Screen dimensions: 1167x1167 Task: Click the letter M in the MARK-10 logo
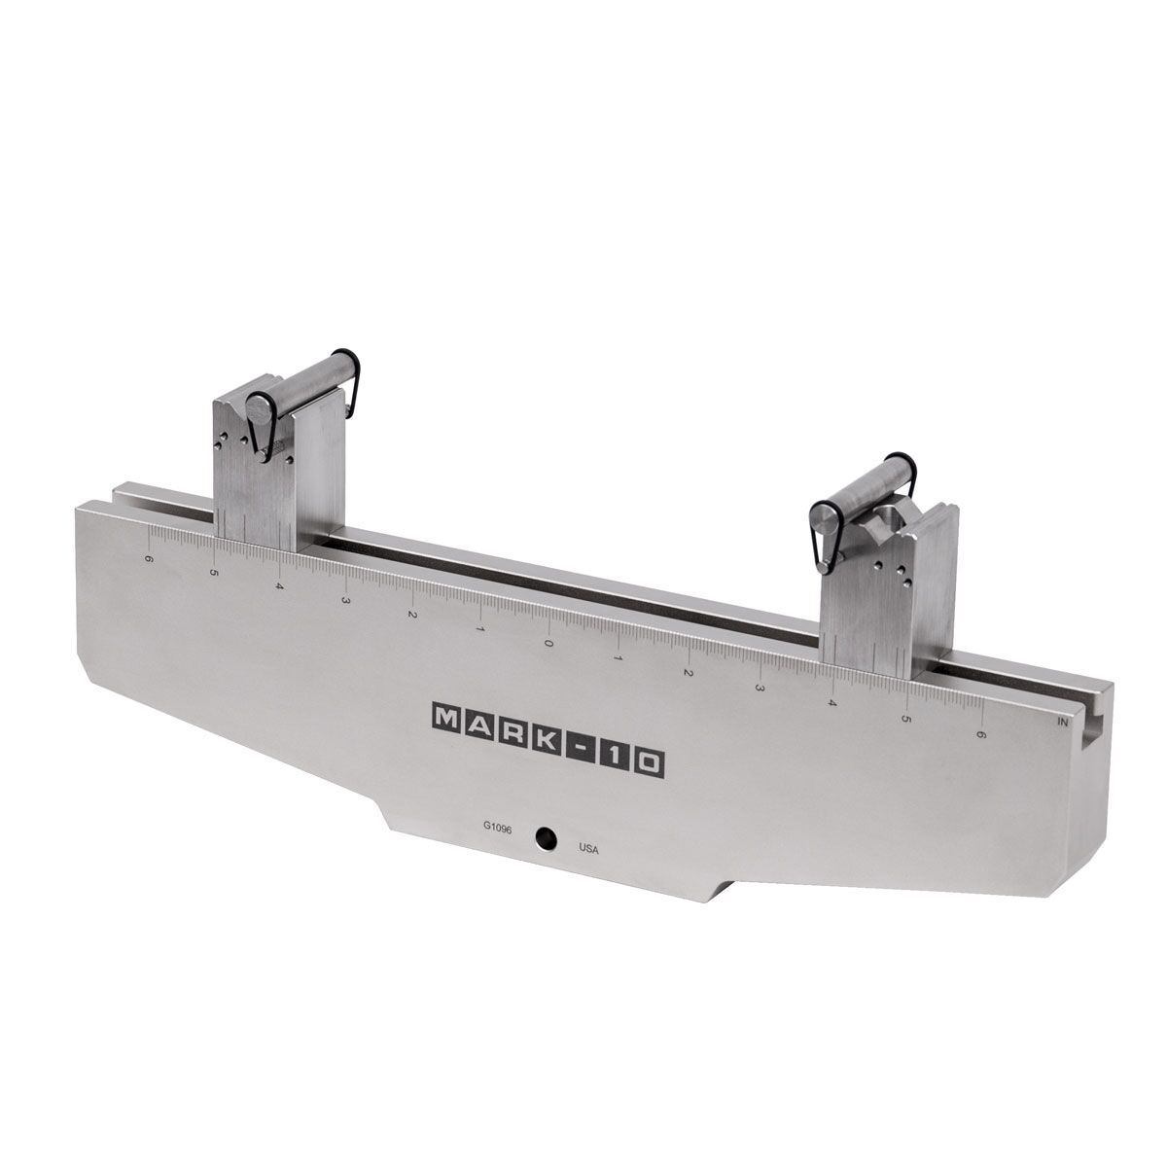point(446,718)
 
